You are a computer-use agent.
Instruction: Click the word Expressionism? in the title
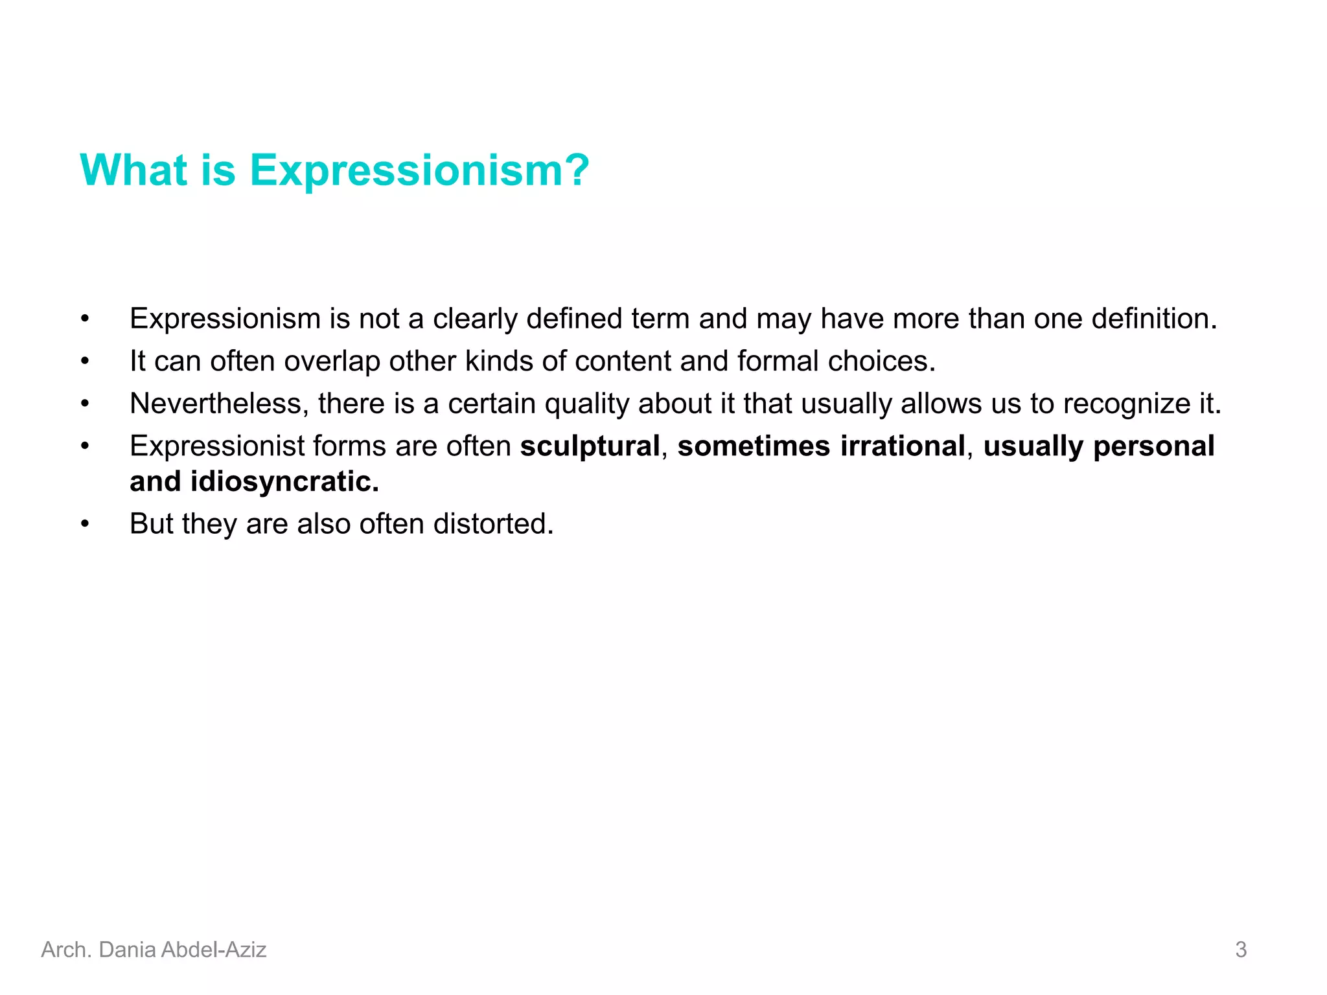point(419,170)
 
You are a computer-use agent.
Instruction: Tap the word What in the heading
point(133,170)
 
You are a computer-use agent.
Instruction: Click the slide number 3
point(1240,950)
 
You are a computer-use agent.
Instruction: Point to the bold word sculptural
point(590,446)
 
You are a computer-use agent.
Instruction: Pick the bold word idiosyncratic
point(284,481)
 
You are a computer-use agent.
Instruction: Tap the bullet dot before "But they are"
point(85,523)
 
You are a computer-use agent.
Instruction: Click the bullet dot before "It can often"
point(85,361)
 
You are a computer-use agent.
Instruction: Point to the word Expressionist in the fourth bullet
point(216,446)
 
